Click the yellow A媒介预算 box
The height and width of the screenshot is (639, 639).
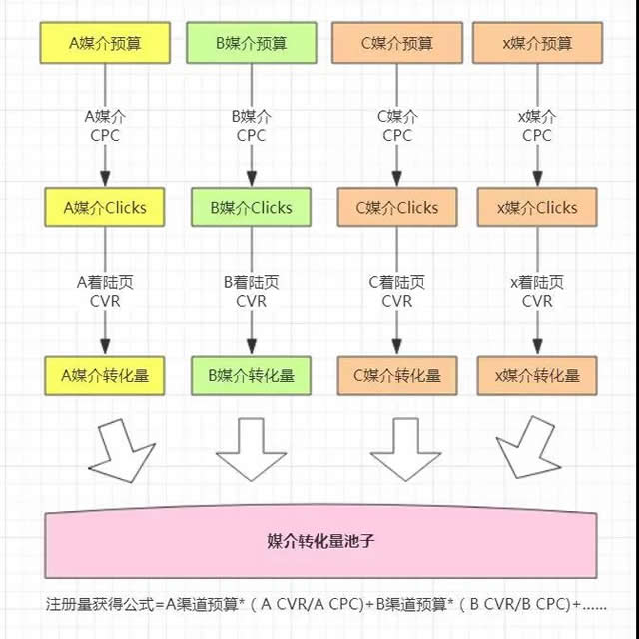point(105,43)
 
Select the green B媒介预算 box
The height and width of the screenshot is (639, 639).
point(251,43)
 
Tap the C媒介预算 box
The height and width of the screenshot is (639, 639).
point(397,43)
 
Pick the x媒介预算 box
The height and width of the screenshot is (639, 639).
point(537,43)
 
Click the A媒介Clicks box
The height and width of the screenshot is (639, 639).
point(105,207)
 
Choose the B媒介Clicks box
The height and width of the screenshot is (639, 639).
point(251,207)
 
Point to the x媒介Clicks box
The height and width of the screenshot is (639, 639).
point(537,207)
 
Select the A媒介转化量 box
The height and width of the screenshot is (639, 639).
point(105,375)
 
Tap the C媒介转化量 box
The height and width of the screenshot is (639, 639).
point(397,375)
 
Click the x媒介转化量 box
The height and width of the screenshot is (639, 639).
point(537,375)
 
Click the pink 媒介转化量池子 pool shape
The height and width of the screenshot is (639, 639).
point(320,542)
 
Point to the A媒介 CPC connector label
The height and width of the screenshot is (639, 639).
point(105,126)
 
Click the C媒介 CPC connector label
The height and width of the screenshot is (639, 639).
point(397,126)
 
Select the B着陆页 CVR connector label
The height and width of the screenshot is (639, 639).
point(251,291)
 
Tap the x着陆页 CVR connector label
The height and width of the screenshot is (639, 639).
point(537,291)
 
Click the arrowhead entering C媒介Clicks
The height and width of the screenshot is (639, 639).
point(397,178)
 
